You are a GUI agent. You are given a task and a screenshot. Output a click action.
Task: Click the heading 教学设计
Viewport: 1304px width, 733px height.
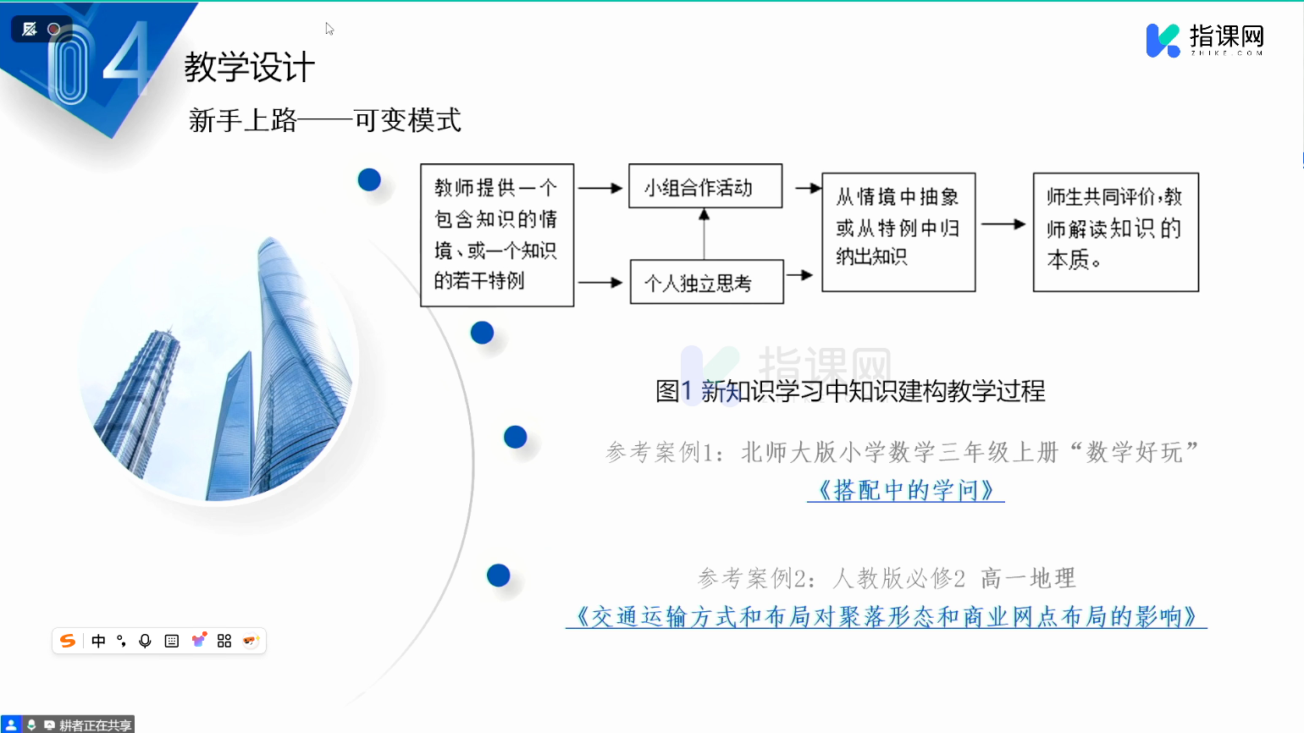click(249, 67)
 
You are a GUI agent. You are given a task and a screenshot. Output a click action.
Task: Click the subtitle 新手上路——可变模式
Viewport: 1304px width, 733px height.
click(325, 120)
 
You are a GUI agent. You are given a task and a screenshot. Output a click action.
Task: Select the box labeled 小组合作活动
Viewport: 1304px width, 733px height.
click(705, 186)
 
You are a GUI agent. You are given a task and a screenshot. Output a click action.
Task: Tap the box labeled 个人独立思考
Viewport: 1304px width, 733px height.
click(707, 282)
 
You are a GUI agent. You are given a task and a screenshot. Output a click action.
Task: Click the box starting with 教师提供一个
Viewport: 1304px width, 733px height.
click(497, 235)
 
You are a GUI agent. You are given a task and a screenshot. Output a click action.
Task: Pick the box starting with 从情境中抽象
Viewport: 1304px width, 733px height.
click(898, 232)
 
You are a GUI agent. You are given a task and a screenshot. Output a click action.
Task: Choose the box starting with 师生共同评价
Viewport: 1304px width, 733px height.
click(1115, 232)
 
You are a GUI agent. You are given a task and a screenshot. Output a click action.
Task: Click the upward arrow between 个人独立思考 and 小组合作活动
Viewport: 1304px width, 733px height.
click(704, 234)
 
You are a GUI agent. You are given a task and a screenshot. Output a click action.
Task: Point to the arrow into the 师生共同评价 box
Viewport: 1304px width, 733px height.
click(1003, 224)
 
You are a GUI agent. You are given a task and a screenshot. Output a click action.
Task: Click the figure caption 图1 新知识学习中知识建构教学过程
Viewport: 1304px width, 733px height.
click(850, 391)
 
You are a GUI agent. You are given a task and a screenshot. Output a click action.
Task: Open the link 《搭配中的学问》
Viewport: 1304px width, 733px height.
click(906, 490)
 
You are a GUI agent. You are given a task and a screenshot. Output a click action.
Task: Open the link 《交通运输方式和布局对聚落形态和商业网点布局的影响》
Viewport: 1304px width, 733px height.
click(886, 617)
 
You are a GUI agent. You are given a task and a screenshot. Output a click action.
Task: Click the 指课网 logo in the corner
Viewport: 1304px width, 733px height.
click(1205, 40)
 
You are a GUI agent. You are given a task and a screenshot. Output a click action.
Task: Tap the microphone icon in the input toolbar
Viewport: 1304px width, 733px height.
click(145, 641)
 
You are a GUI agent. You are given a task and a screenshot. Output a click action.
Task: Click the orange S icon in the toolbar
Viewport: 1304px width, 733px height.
click(68, 641)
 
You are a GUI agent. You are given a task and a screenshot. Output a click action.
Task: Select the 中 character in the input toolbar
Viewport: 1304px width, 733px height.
click(98, 641)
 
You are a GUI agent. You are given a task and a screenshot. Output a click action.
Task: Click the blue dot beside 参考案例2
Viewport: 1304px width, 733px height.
click(498, 576)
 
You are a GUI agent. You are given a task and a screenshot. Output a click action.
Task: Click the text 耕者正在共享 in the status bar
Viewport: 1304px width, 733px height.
click(95, 725)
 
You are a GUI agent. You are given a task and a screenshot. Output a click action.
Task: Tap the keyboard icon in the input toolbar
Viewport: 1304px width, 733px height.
click(172, 641)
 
